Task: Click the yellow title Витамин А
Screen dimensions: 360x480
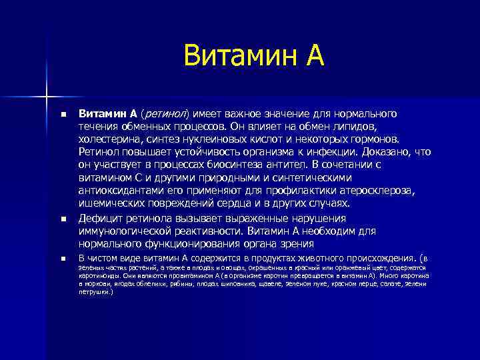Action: click(253, 56)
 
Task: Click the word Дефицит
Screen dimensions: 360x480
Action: click(100, 218)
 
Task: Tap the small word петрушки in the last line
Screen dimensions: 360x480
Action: click(94, 292)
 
